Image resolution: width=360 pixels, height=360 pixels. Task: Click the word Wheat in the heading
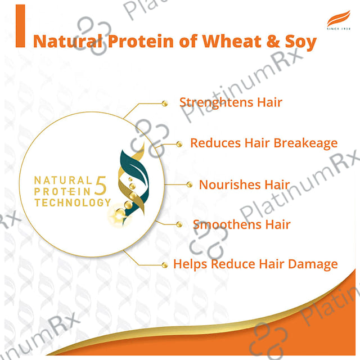[x=232, y=41]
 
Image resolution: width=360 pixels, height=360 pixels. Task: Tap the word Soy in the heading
[x=300, y=43]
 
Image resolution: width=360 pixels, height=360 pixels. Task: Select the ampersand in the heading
[x=273, y=42]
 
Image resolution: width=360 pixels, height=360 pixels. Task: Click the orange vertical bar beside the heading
[x=20, y=26]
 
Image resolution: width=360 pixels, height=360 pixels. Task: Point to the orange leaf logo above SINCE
[x=339, y=18]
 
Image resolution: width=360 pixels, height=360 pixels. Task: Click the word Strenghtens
[x=217, y=103]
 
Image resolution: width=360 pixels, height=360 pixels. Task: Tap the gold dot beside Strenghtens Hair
[x=165, y=103]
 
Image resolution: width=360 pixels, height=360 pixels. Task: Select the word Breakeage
[x=305, y=143]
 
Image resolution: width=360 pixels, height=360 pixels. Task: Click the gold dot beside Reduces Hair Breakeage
[x=179, y=144]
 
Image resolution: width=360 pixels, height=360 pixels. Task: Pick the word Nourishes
[x=230, y=184]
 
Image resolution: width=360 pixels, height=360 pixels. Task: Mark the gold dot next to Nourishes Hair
[x=190, y=184]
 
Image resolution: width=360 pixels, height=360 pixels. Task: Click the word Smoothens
[x=227, y=224]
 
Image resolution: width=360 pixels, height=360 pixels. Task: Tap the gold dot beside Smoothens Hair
[x=179, y=224]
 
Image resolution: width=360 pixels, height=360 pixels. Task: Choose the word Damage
[x=313, y=265]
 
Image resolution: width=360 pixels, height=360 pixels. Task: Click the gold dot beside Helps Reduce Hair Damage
[x=165, y=265]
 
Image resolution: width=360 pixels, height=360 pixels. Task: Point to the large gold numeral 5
[x=101, y=186]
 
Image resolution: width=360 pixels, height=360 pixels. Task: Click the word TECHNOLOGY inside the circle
[x=73, y=202]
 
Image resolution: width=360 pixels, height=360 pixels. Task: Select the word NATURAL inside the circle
[x=63, y=181]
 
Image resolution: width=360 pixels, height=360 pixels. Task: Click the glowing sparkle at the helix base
[x=119, y=216]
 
